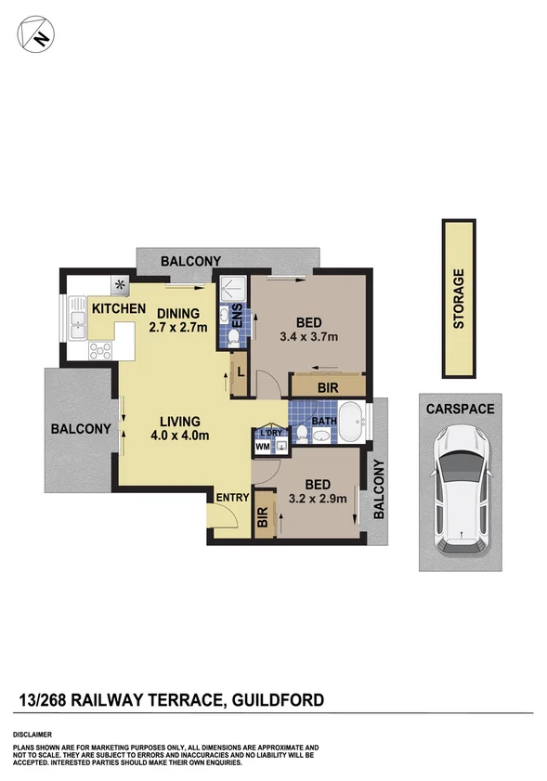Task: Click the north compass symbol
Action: (x=34, y=34)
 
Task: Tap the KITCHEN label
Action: (x=118, y=308)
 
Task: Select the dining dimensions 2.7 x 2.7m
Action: (x=181, y=327)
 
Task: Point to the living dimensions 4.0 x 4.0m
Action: (x=180, y=435)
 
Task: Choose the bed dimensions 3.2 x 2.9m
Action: (x=319, y=498)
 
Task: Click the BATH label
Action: (x=323, y=421)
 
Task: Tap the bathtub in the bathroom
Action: (x=351, y=423)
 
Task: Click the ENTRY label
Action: (x=232, y=498)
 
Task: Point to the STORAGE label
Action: (x=458, y=299)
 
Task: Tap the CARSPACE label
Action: (x=460, y=408)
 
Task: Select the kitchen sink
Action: (x=78, y=324)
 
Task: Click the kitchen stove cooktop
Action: (x=99, y=351)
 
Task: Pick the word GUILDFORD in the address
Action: (x=276, y=698)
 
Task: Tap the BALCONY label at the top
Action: (x=190, y=261)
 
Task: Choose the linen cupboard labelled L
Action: (x=240, y=370)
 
